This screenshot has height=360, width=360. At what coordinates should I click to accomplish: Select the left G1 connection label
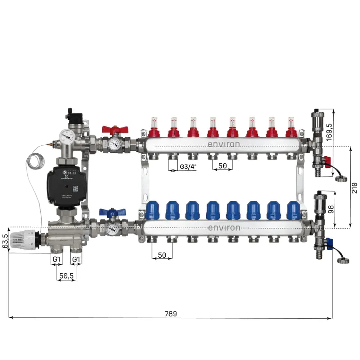click(x=57, y=259)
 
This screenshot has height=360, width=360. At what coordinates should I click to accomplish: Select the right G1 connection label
click(x=76, y=259)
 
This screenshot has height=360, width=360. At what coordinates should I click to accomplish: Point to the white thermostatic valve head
click(x=21, y=240)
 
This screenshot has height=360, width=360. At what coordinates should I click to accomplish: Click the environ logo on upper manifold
click(x=223, y=144)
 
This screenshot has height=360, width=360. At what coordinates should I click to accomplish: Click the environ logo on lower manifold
click(x=224, y=228)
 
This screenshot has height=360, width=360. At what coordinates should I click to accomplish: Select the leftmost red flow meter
click(x=154, y=127)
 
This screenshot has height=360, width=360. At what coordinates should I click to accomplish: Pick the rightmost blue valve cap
click(x=293, y=210)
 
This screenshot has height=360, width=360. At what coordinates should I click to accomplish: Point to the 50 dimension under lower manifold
click(x=162, y=255)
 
